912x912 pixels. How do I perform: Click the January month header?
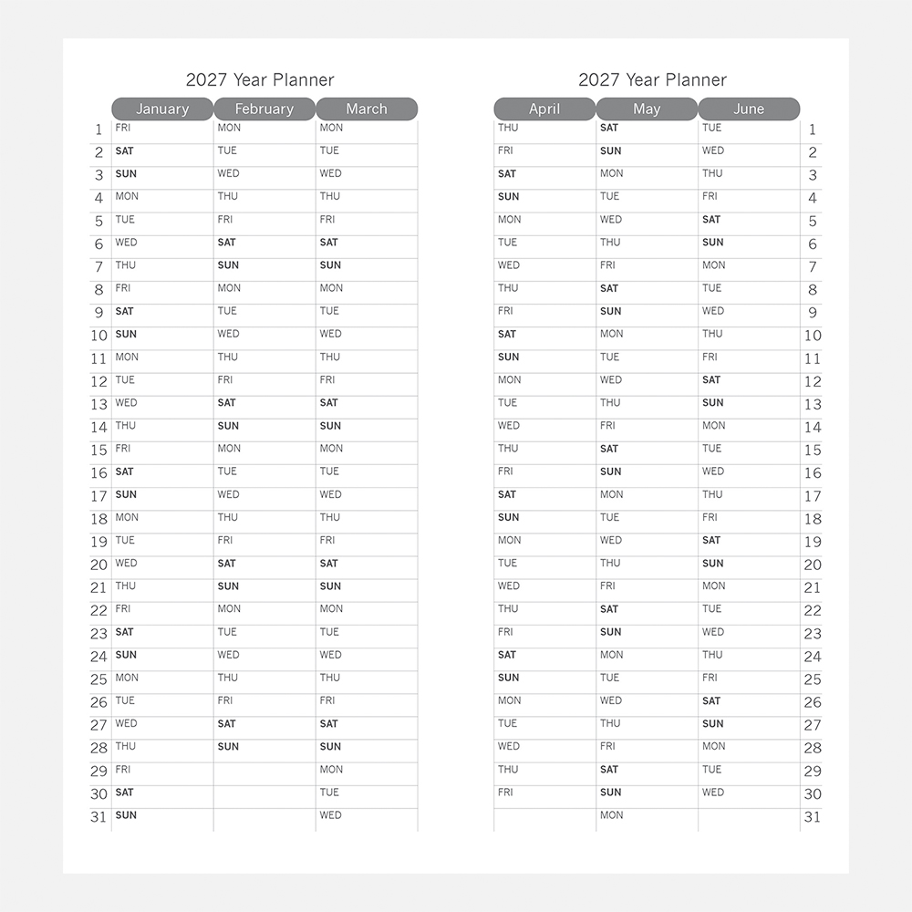pos(162,109)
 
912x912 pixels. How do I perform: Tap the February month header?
pos(264,109)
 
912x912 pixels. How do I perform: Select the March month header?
pos(367,109)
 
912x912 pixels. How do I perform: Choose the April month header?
pos(544,109)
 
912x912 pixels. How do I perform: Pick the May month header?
pos(647,109)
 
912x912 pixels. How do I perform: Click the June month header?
pos(749,109)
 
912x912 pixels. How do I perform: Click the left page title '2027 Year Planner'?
pos(260,80)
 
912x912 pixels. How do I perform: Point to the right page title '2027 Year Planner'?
pos(652,80)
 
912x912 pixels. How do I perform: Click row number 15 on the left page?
pos(98,451)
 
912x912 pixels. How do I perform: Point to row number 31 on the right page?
pos(813,817)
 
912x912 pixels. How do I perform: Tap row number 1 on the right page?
pos(813,130)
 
